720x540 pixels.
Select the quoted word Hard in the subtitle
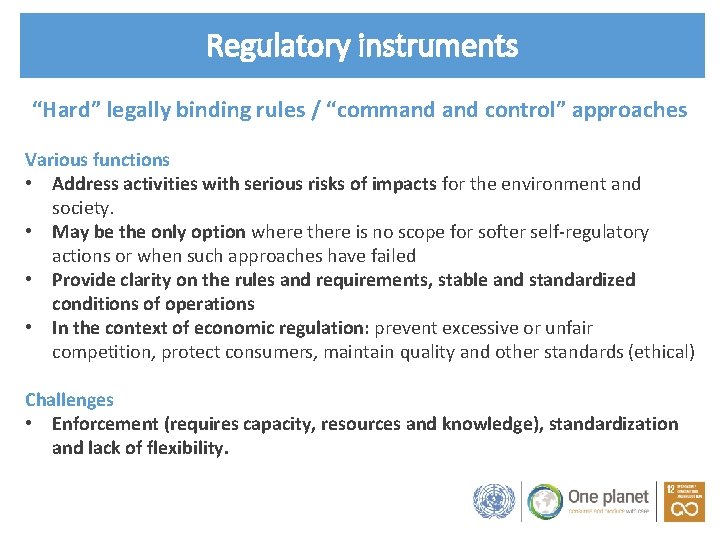coord(65,110)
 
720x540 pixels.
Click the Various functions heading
coord(97,159)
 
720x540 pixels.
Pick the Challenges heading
coord(69,399)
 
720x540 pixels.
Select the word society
coord(83,208)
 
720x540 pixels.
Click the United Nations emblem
coord(493,501)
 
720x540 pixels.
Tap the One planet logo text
coord(597,496)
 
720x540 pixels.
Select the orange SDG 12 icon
coord(684,501)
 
